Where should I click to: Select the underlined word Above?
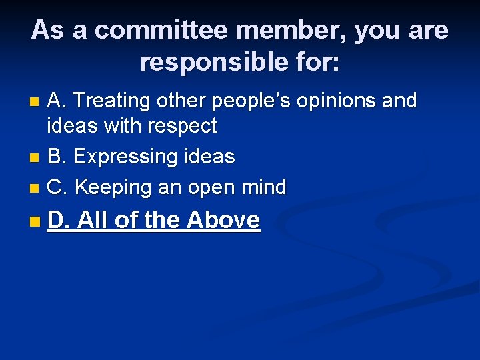click(223, 219)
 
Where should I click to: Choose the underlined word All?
click(93, 219)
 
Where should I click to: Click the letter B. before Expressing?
click(57, 157)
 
